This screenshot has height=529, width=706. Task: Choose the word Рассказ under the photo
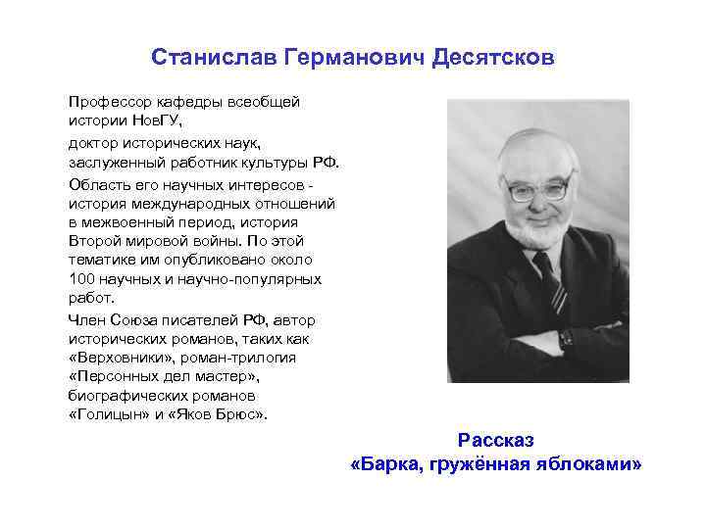click(496, 441)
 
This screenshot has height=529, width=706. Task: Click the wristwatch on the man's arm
click(567, 338)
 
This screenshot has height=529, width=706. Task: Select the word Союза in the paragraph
click(137, 319)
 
